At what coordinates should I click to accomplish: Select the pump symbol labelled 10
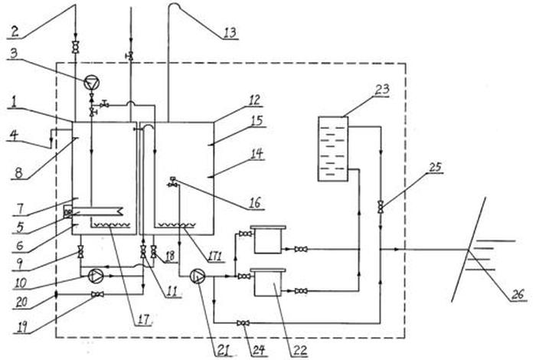tap(94, 274)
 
